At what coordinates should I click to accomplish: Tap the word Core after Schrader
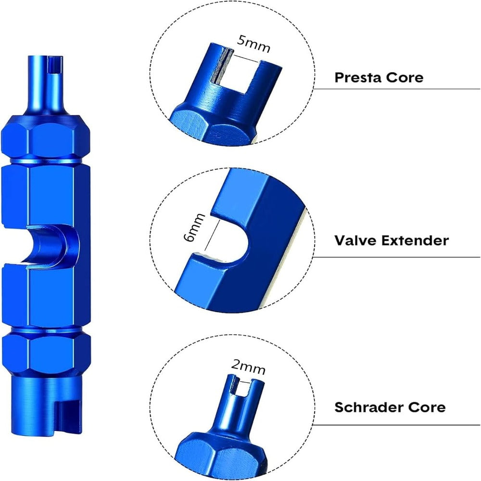point(426,407)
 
